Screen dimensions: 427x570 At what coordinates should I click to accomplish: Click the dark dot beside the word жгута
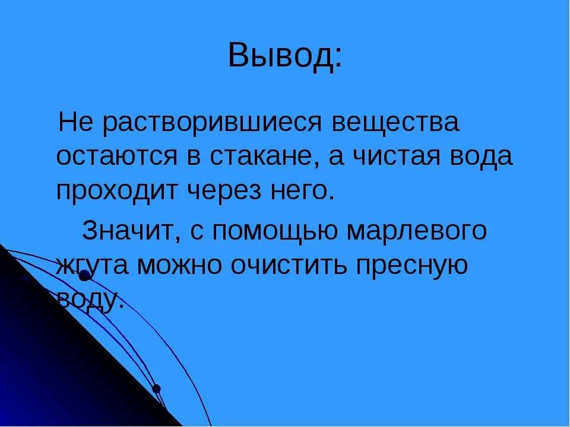pyautogui.click(x=84, y=275)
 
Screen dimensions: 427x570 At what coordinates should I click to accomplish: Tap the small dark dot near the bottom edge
pyautogui.click(x=156, y=389)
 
